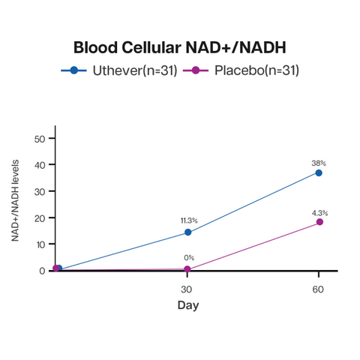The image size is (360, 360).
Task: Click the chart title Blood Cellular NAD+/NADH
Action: point(180,47)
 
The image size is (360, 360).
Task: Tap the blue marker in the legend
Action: point(73,70)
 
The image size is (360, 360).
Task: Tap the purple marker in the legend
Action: point(196,70)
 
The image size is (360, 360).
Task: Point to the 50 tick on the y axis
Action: point(42,139)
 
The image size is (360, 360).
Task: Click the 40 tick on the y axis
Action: point(42,165)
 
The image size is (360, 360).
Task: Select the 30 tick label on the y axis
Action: point(42,191)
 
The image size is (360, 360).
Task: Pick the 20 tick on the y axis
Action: point(42,217)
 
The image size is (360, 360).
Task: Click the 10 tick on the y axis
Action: point(42,244)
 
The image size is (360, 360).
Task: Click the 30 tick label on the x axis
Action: point(187,289)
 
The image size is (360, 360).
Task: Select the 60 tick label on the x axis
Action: point(319,289)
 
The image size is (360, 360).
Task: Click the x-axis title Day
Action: point(187,305)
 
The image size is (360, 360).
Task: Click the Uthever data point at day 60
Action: point(319,172)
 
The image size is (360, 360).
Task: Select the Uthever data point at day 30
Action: point(187,232)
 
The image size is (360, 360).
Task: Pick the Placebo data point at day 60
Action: point(319,222)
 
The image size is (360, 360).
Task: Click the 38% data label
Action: point(319,163)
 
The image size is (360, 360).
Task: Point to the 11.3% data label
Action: point(188,220)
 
